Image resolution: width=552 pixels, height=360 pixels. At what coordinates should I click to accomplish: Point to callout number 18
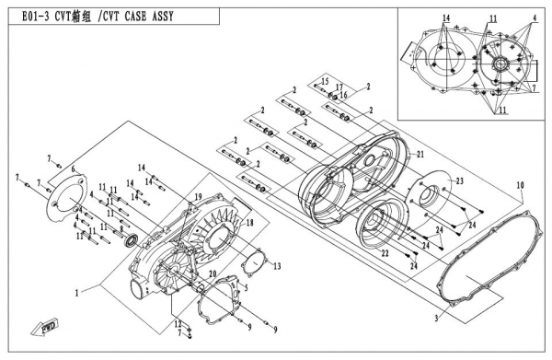pos(249,223)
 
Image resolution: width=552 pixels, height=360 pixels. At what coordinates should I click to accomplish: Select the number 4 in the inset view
pos(535,18)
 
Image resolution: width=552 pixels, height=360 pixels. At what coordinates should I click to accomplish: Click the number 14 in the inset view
pos(445,18)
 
